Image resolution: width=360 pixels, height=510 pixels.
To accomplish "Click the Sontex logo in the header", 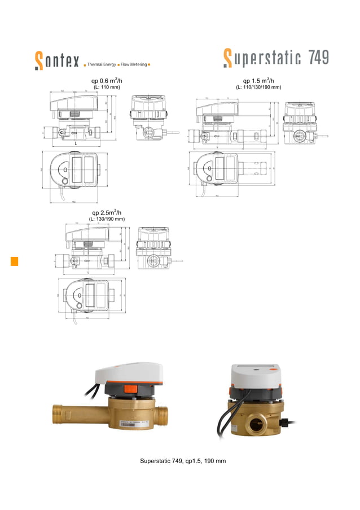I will (56, 60).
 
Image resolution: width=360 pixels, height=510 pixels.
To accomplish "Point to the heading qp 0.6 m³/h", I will (107, 81).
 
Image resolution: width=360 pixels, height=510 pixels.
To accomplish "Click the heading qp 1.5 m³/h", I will (258, 81).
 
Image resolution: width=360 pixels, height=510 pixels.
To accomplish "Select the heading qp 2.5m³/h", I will (107, 212).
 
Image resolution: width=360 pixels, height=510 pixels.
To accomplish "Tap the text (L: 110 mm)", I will (107, 88).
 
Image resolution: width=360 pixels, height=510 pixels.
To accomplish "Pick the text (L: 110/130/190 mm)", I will (258, 88).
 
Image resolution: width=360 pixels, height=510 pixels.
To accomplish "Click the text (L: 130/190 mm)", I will (107, 219).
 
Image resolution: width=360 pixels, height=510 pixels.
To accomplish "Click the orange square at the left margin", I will (15, 261).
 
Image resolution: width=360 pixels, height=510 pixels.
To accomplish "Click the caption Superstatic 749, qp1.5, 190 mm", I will (183, 461).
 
